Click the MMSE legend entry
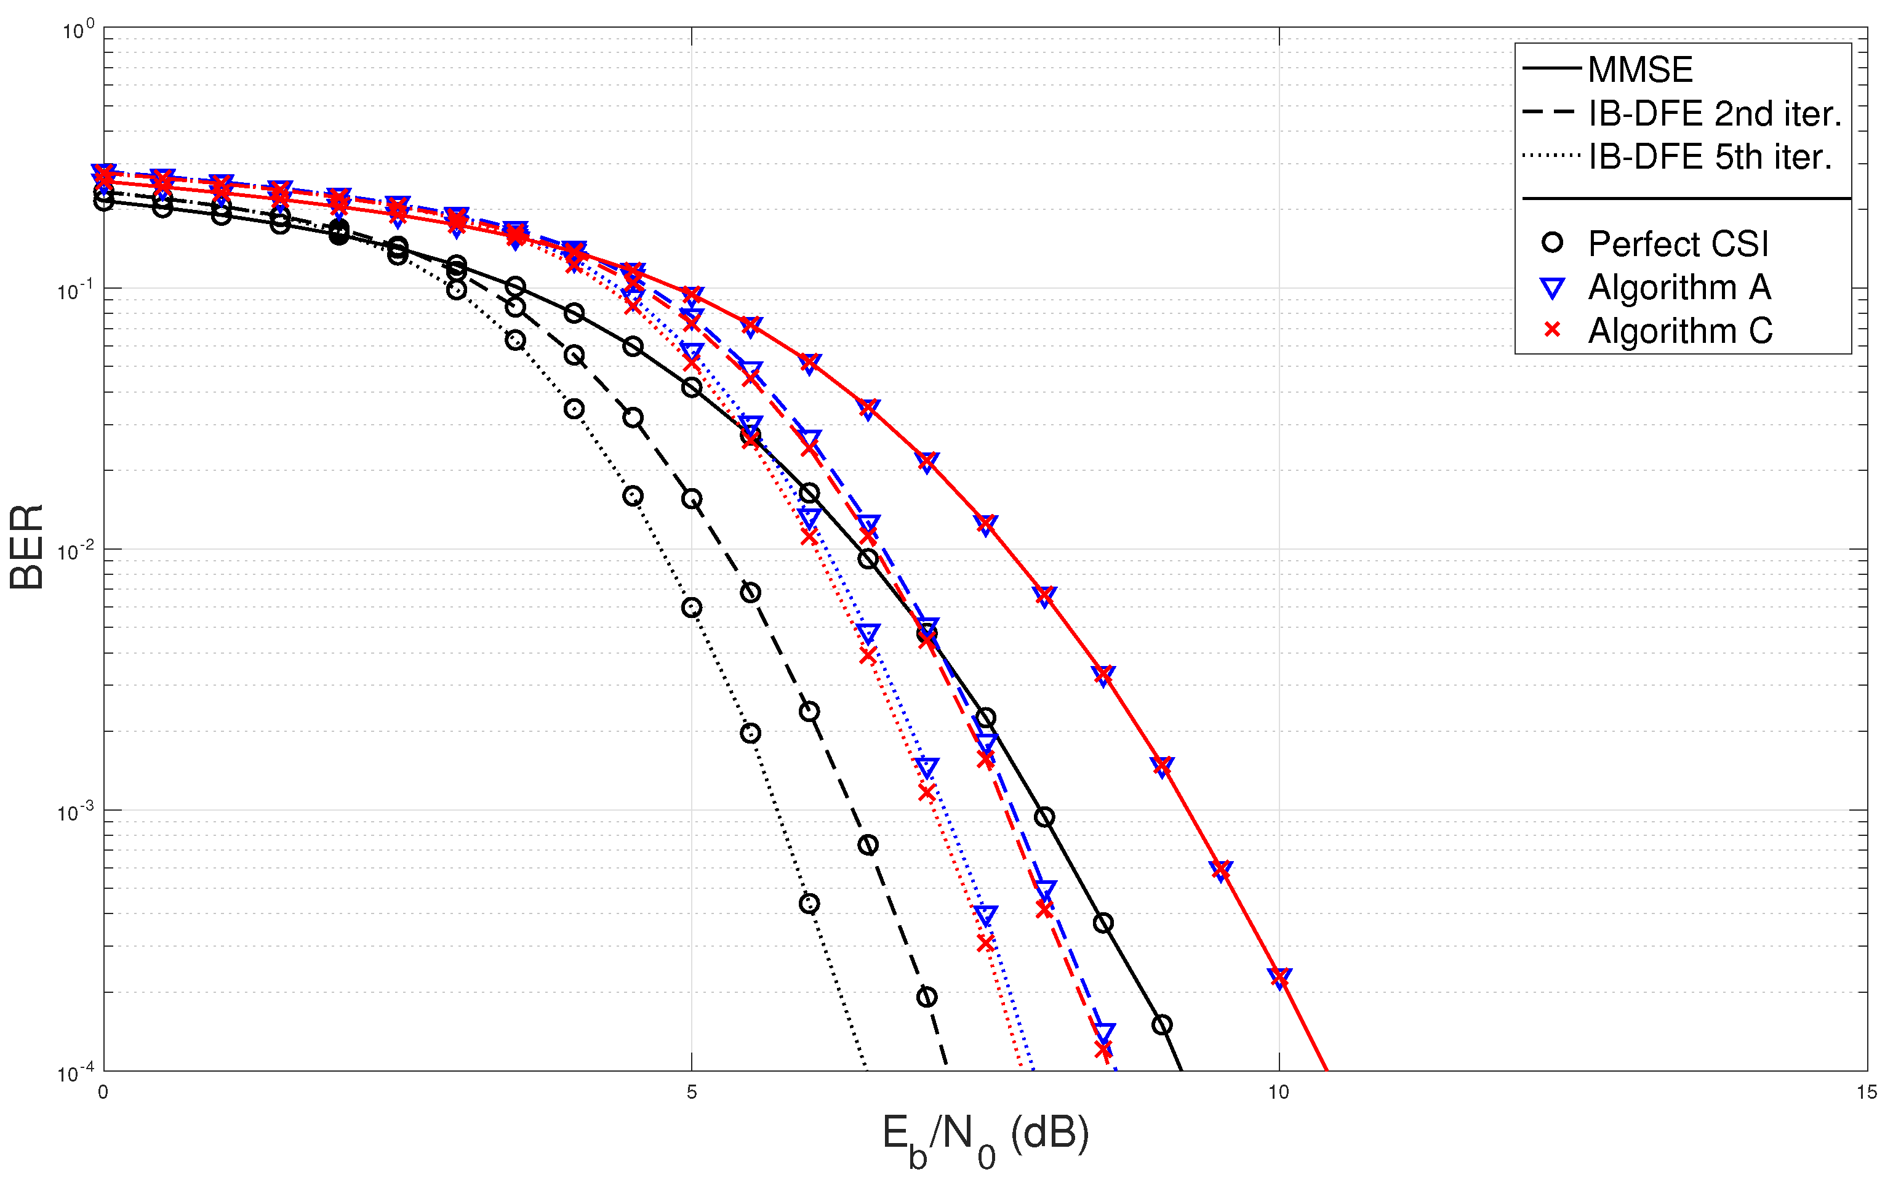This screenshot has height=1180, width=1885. tap(1639, 70)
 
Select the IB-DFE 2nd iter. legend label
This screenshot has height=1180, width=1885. tap(1714, 114)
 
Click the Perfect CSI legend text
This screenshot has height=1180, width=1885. tap(1678, 244)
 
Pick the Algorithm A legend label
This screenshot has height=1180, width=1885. tap(1679, 287)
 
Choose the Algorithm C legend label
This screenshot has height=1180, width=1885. tap(1680, 331)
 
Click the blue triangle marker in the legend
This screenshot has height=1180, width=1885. tap(1552, 288)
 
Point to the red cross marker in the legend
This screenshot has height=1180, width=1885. tap(1552, 330)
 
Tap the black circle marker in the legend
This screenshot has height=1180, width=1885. tap(1552, 243)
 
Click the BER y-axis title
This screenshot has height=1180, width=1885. tap(26, 547)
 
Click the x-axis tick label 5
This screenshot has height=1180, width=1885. tap(691, 1093)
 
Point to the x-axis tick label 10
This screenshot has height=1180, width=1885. tap(1278, 1093)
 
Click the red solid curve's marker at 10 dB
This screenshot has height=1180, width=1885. tap(1279, 977)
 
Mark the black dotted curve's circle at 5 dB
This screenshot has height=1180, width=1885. tap(691, 607)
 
